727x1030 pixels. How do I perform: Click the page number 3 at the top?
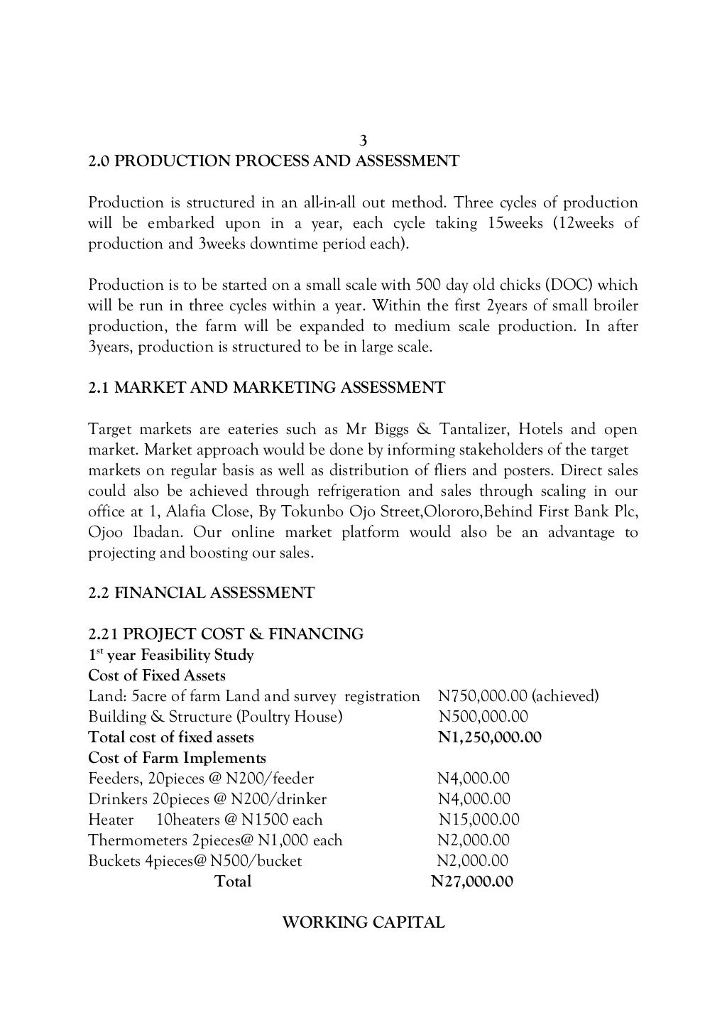pyautogui.click(x=363, y=141)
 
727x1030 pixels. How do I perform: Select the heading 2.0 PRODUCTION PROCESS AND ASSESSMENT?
pyautogui.click(x=273, y=161)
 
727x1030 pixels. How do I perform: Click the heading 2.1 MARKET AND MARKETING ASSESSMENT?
pyautogui.click(x=266, y=388)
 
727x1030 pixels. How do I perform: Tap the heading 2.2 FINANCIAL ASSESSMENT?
pyautogui.click(x=201, y=592)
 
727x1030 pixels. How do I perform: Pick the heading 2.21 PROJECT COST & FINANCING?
pyautogui.click(x=226, y=634)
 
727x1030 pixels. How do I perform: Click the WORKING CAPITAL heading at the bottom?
pyautogui.click(x=363, y=923)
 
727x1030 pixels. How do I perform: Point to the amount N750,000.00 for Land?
pyautogui.click(x=482, y=696)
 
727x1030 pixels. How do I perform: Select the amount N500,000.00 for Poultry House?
pyautogui.click(x=483, y=717)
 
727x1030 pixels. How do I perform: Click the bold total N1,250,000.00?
pyautogui.click(x=489, y=737)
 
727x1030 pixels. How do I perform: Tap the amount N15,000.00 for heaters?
pyautogui.click(x=479, y=820)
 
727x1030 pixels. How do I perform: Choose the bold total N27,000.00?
pyautogui.click(x=471, y=882)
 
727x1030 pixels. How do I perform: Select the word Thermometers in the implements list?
pyautogui.click(x=138, y=840)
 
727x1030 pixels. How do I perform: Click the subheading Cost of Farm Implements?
pyautogui.click(x=177, y=758)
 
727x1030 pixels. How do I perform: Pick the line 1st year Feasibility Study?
pyautogui.click(x=170, y=654)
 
